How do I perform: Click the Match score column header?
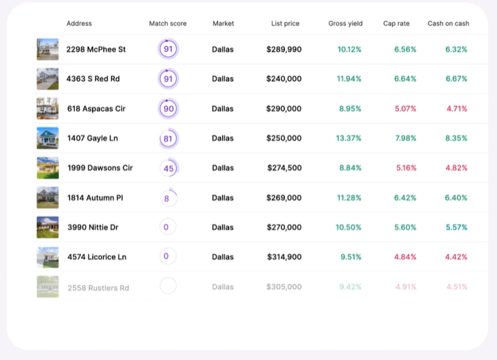click(x=167, y=24)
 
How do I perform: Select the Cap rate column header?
click(x=396, y=24)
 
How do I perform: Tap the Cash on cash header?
click(x=448, y=24)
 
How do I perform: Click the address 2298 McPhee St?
click(x=96, y=50)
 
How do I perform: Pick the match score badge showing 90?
click(x=168, y=109)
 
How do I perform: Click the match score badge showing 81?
click(x=168, y=139)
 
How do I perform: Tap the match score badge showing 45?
click(x=169, y=168)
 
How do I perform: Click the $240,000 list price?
click(x=284, y=79)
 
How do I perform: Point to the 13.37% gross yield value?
click(x=349, y=139)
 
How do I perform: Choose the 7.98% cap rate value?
click(x=405, y=139)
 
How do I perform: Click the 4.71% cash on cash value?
click(x=457, y=109)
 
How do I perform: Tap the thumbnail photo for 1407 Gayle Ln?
click(x=48, y=138)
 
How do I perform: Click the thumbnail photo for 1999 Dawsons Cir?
click(x=48, y=167)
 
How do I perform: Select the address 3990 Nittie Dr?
click(x=93, y=227)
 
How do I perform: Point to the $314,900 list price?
click(x=284, y=257)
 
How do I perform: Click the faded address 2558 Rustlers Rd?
click(x=98, y=288)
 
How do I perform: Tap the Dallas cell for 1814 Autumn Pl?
click(x=222, y=198)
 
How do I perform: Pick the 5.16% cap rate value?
click(x=405, y=168)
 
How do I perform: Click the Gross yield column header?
click(x=345, y=24)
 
